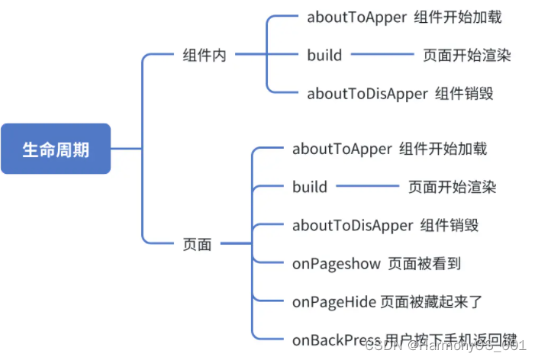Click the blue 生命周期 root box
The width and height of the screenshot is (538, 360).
[56, 149]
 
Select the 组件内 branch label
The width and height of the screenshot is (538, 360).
[205, 55]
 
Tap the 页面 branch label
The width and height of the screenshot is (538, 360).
[197, 244]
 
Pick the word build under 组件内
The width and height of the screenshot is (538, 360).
[324, 55]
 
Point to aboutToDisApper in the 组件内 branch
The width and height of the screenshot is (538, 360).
[367, 94]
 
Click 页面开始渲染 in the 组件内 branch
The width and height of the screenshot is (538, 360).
[467, 55]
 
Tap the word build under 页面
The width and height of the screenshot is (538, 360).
[310, 187]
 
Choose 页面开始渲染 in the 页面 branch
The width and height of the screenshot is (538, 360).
[452, 187]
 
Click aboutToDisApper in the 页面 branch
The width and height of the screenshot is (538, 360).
[353, 226]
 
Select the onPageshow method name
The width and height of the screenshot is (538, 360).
[336, 264]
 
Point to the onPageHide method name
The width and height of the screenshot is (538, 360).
[333, 302]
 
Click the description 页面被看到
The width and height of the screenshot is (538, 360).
[424, 264]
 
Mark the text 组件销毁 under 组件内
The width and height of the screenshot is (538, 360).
[465, 94]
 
